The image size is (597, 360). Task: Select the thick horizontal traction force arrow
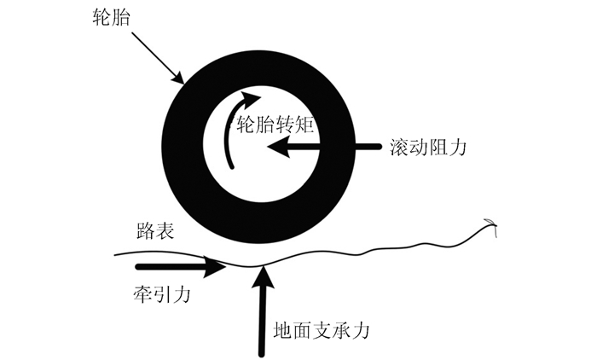pos(192,268)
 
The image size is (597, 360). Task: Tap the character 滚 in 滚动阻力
pos(397,147)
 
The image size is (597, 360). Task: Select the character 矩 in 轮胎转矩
pos(308,125)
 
